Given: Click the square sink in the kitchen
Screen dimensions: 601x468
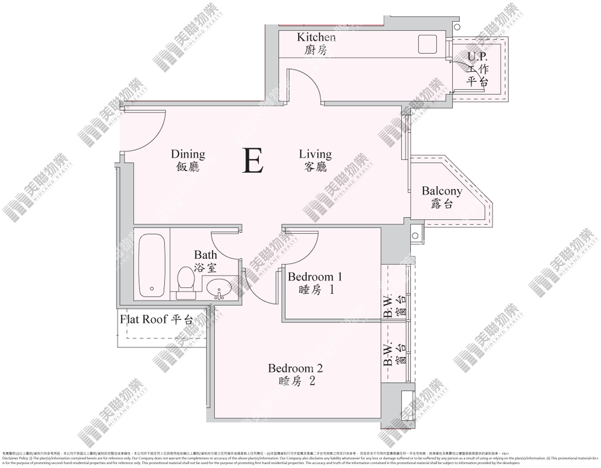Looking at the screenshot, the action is click(427, 44).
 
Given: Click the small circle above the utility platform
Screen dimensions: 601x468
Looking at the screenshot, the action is click(457, 27).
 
